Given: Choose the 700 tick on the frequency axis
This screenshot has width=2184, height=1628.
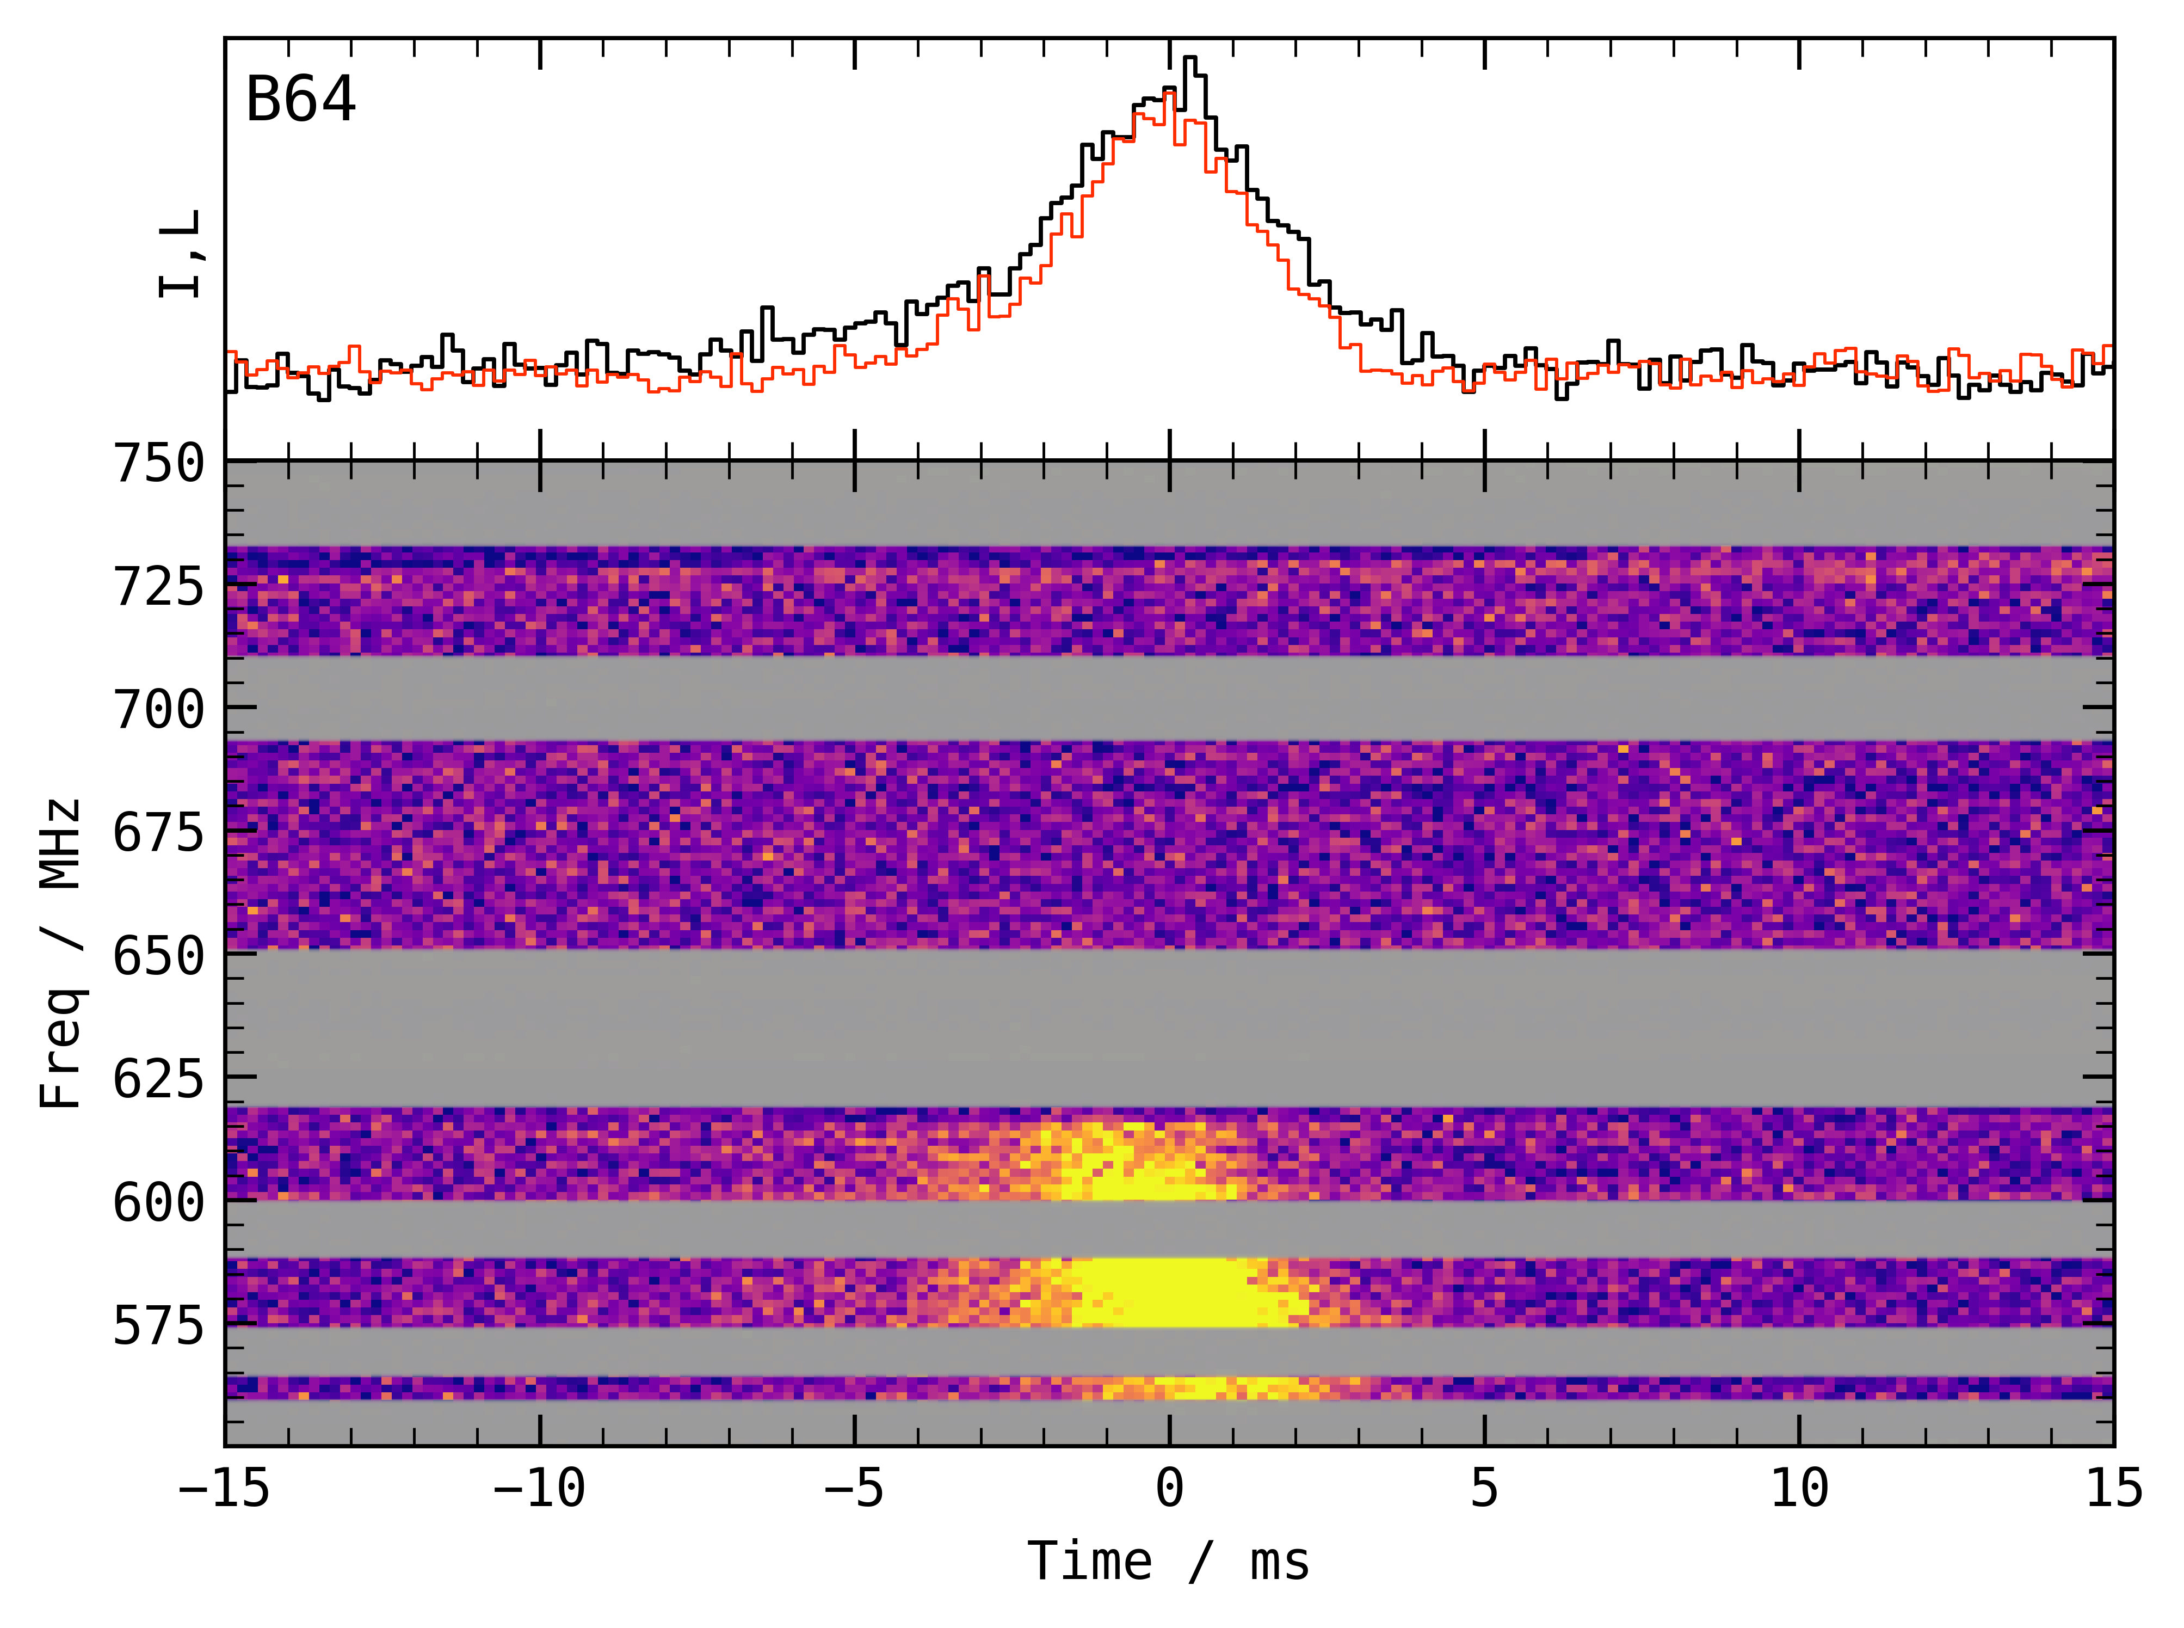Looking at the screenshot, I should [x=159, y=710].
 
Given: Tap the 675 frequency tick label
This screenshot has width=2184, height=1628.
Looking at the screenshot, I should [x=159, y=833].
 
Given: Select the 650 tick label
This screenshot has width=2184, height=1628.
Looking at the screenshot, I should [x=159, y=956].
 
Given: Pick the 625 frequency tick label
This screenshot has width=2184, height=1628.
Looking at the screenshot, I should [x=159, y=1079].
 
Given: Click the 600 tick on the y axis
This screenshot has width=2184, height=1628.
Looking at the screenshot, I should [x=159, y=1202].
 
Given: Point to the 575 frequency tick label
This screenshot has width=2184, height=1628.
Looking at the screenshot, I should [x=159, y=1325].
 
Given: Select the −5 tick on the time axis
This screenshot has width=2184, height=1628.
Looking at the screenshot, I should [x=854, y=1488].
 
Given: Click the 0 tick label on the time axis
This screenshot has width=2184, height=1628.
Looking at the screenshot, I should [x=1169, y=1488].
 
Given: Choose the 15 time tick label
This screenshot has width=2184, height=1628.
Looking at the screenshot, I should [x=2114, y=1488].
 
